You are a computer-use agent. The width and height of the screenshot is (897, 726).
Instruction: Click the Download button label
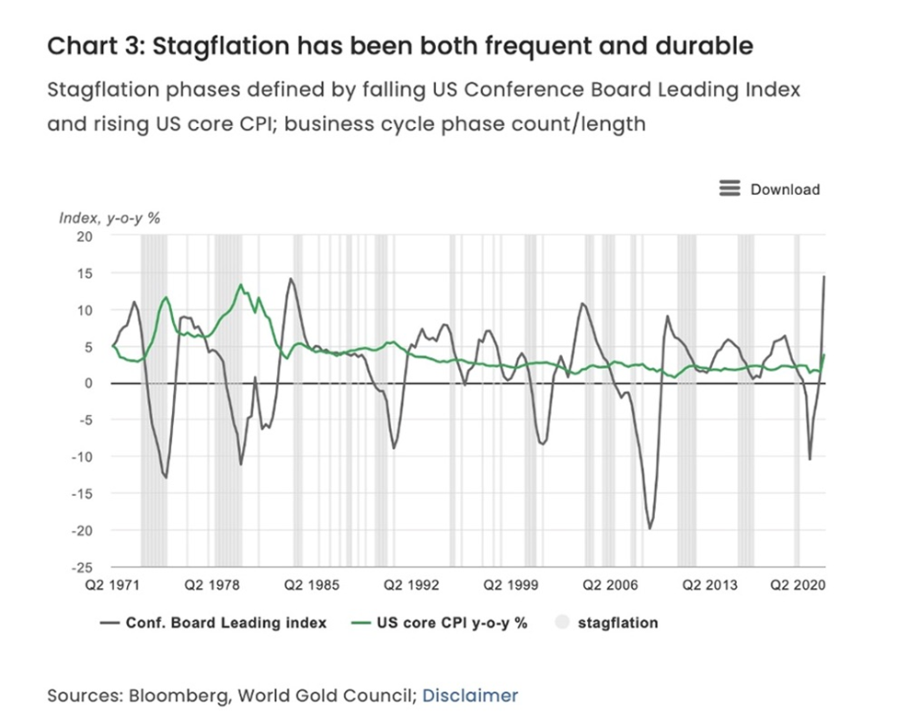(785, 190)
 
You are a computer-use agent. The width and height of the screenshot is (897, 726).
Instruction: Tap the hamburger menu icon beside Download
(730, 189)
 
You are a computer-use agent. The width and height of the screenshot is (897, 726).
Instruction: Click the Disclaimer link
(470, 696)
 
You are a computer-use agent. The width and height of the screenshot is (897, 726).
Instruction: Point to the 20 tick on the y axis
(86, 236)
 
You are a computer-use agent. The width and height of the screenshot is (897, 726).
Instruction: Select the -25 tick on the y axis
(83, 567)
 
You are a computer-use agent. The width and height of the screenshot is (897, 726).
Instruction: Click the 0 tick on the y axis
(89, 384)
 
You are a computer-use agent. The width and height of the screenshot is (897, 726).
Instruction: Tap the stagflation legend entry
(617, 623)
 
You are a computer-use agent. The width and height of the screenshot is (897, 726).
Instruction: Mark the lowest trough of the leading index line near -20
(650, 528)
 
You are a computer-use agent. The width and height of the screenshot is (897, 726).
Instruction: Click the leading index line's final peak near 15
(823, 276)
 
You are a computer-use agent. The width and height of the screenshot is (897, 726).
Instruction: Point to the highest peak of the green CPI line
(241, 284)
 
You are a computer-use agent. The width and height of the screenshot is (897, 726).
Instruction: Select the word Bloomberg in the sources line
(180, 696)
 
